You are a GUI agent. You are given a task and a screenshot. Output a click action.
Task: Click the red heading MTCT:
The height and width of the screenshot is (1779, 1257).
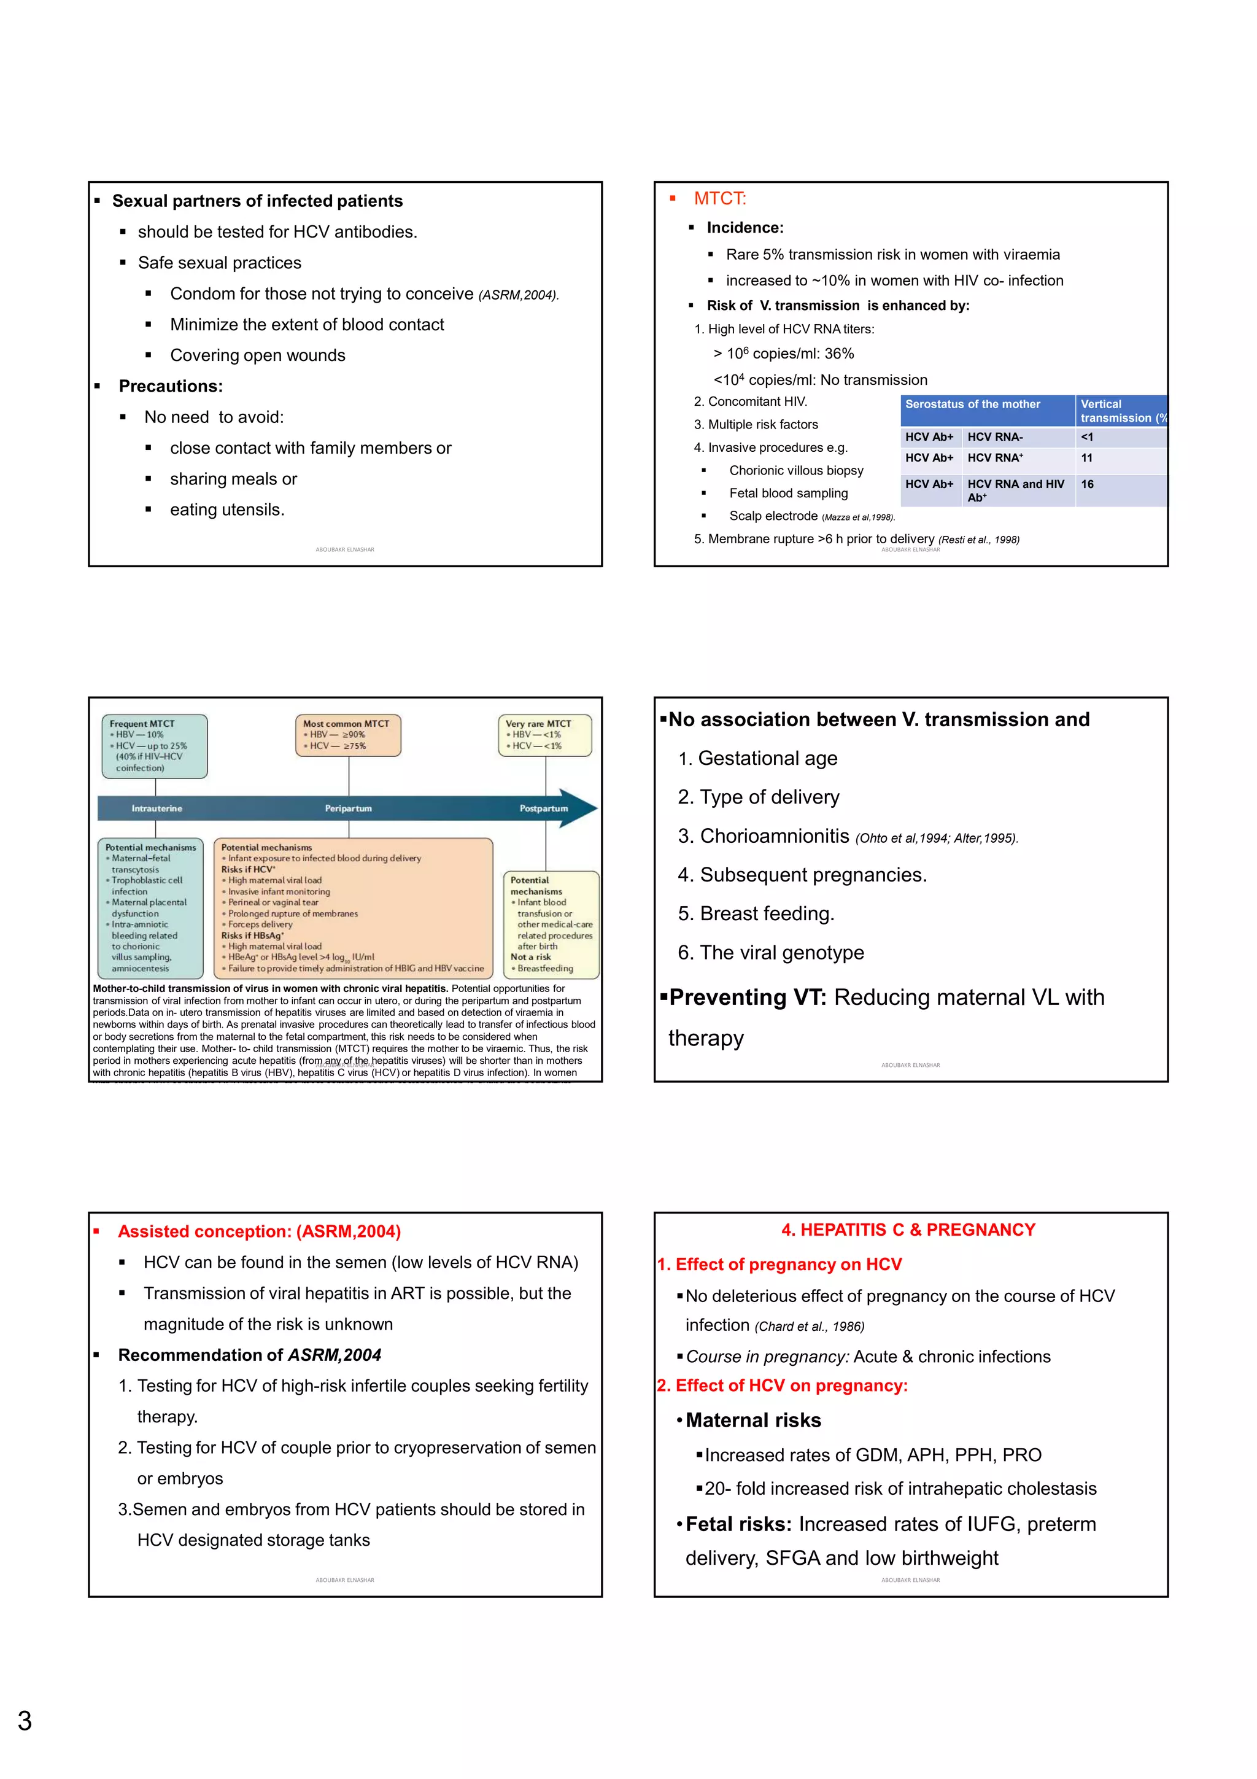[x=719, y=198]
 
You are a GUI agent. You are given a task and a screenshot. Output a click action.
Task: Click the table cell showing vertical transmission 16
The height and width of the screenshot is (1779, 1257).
[x=1088, y=484]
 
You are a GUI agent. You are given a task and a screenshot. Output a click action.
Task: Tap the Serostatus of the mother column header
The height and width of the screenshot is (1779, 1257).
[x=972, y=405]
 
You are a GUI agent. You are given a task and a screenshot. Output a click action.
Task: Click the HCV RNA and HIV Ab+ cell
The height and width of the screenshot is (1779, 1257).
[x=1015, y=490]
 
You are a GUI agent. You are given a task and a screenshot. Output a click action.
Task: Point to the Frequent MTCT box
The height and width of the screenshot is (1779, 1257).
[x=154, y=745]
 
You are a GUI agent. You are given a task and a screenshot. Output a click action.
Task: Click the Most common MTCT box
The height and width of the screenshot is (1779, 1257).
[x=348, y=735]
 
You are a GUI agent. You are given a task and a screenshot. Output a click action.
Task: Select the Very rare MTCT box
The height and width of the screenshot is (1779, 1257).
[x=544, y=735]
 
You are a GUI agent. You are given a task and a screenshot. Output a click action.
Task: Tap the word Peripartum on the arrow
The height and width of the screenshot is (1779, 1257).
[x=348, y=808]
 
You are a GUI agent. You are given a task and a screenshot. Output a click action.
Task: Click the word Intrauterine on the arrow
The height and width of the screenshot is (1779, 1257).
[x=157, y=808]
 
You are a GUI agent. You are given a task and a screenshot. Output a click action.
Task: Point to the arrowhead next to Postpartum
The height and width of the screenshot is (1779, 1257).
[x=579, y=808]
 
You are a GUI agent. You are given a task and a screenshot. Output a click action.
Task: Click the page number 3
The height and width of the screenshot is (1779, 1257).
[x=25, y=1720]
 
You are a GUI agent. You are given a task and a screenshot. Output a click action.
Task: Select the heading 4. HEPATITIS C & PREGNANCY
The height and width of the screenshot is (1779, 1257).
[x=908, y=1230]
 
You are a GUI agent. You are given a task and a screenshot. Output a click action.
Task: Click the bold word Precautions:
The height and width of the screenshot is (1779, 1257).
[x=171, y=386]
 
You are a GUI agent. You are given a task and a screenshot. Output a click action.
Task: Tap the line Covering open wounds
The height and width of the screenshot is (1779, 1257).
[x=257, y=355]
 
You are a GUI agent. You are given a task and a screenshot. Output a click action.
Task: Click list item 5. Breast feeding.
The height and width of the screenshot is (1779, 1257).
[x=756, y=913]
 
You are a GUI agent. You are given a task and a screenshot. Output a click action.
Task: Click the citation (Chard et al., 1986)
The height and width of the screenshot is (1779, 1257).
[x=810, y=1326]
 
